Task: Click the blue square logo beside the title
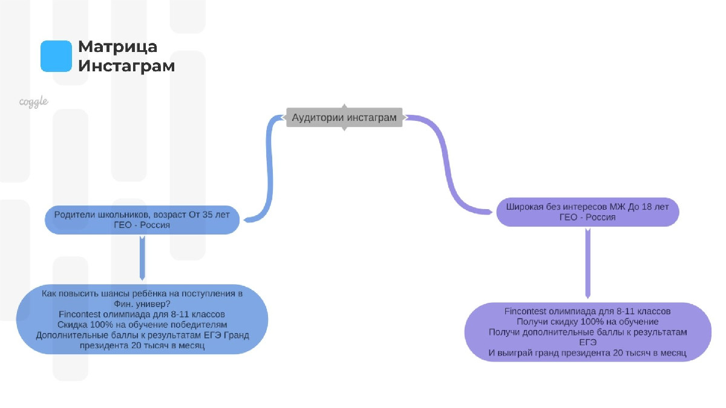pos(56,56)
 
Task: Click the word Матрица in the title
pos(117,47)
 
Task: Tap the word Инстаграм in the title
pos(126,66)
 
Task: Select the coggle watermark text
pos(34,102)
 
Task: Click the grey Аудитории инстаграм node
pos(344,117)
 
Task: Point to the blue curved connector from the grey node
pos(269,169)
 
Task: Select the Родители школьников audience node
pos(142,220)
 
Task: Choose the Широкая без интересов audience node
pos(587,212)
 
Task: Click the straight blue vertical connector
pos(142,258)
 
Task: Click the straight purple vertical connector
pos(587,264)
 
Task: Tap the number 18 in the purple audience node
pos(646,207)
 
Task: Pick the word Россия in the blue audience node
pos(155,225)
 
